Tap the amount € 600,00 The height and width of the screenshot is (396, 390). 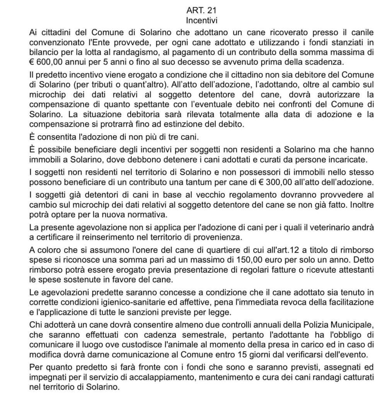point(45,62)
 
